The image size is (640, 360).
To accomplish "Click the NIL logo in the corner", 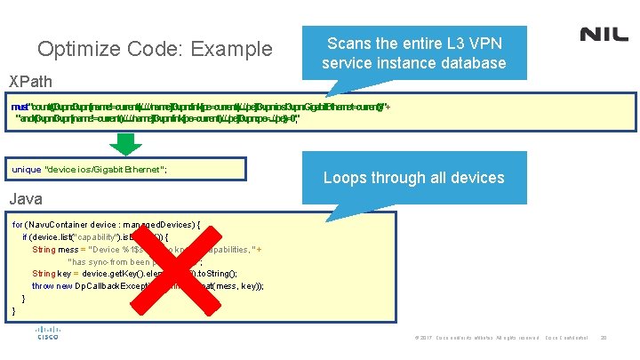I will [x=604, y=35].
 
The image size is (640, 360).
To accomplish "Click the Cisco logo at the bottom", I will [x=47, y=335].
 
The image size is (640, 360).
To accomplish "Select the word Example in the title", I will [x=230, y=49].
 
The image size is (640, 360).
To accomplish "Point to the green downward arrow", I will [x=127, y=142].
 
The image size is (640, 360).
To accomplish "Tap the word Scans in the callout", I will [x=349, y=43].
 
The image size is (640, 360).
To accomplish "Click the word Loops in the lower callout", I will [x=348, y=178].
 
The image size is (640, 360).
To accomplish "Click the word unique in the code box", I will [x=26, y=169].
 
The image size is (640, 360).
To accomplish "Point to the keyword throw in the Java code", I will [x=44, y=286].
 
